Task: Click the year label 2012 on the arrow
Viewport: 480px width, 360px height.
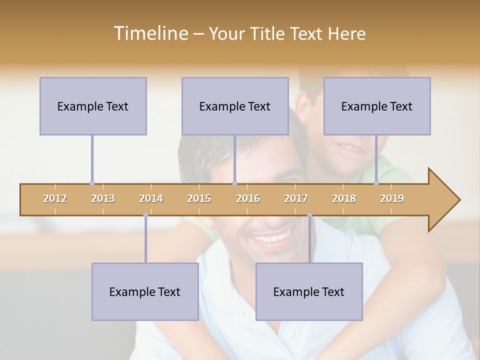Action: [x=55, y=198]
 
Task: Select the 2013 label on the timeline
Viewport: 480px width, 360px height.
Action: [x=103, y=198]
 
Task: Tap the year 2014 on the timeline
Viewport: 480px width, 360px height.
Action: [x=151, y=198]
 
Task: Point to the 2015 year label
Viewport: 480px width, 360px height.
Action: [x=199, y=198]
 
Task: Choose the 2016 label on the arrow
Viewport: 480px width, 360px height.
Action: [x=248, y=198]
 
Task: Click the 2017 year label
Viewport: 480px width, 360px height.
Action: [x=296, y=198]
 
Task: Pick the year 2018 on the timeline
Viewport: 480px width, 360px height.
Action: [x=344, y=198]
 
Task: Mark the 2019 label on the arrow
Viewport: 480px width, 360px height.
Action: [x=392, y=198]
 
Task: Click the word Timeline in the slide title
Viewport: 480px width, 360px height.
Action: [x=150, y=33]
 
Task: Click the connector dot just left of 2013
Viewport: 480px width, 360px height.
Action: [x=92, y=183]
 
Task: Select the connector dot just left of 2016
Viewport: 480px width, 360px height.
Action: [x=234, y=183]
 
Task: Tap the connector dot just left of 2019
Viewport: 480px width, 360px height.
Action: [x=376, y=183]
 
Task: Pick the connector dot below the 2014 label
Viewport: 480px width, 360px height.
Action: [x=145, y=215]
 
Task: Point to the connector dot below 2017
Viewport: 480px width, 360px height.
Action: [x=309, y=215]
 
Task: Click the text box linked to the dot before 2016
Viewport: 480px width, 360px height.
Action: [x=235, y=106]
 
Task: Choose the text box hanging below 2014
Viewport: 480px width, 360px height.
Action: [x=145, y=291]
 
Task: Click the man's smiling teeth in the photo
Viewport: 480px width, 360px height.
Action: [x=272, y=237]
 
